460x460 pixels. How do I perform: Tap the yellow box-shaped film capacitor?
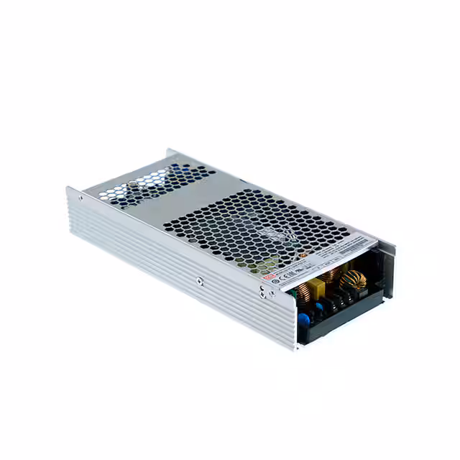pyautogui.click(x=318, y=286)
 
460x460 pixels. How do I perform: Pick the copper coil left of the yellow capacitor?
pyautogui.click(x=300, y=291)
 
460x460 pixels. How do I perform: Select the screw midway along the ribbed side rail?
pyautogui.click(x=199, y=281)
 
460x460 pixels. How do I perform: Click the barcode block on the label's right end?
pyautogui.click(x=359, y=244)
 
